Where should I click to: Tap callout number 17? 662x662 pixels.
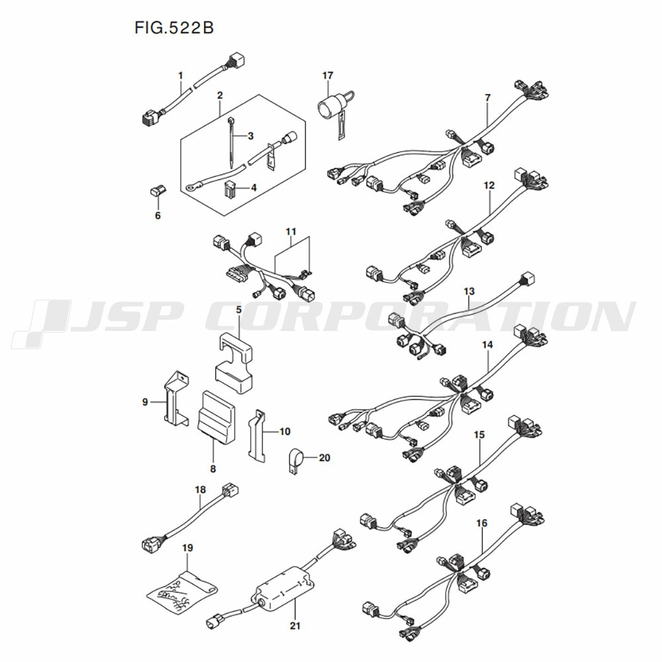pos(328,75)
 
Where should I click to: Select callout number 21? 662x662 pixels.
pos(295,624)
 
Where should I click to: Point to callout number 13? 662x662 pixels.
pos(469,291)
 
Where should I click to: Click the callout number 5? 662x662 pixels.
pos(238,309)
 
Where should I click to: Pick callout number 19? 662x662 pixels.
pos(187,548)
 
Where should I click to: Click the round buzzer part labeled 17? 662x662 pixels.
pos(329,106)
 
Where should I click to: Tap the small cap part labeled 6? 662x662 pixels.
pos(157,193)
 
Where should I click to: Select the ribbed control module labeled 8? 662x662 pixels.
pos(217,416)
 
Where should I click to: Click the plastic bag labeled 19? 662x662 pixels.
pos(181,590)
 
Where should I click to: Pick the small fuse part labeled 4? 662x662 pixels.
pos(230,191)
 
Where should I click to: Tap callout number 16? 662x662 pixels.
pos(481,523)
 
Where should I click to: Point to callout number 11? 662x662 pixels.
pos(291,232)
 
